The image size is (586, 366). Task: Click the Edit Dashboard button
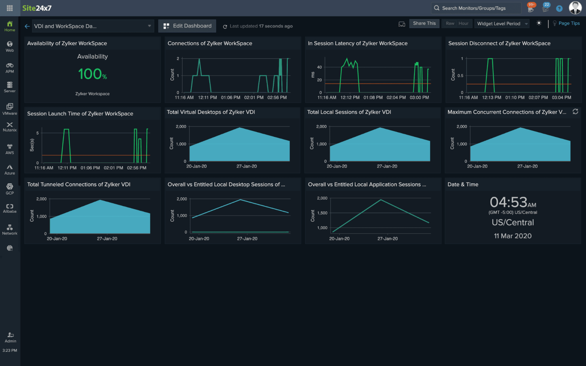[x=187, y=26]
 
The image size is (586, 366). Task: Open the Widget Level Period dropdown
[x=502, y=24]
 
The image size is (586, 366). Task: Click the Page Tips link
[x=569, y=23]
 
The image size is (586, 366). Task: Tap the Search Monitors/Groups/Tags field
[x=476, y=8]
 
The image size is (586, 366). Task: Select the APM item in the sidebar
[x=10, y=68]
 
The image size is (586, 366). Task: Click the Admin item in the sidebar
[x=10, y=337]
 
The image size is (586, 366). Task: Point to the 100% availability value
[x=92, y=74]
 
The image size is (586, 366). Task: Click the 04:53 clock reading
[x=510, y=202]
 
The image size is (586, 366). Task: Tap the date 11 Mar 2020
[x=512, y=236]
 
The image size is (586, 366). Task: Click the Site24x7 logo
[x=37, y=8]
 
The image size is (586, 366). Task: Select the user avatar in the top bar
[x=575, y=8]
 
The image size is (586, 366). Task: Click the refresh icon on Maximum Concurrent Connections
[x=575, y=112]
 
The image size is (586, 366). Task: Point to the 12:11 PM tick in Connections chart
[x=207, y=97]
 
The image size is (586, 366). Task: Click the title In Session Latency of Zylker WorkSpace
[x=358, y=44]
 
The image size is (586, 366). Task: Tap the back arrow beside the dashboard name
[x=27, y=26]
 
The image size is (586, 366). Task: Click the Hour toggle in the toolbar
[x=463, y=23]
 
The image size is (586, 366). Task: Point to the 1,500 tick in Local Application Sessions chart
[x=322, y=213]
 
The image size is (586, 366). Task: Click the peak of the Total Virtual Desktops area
[x=240, y=128]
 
